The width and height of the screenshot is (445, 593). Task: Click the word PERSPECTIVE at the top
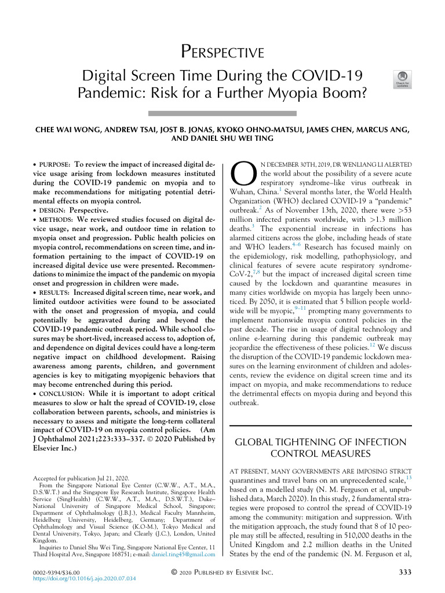pos(222,53)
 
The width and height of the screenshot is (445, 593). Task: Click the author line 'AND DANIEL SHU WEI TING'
pos(222,140)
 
